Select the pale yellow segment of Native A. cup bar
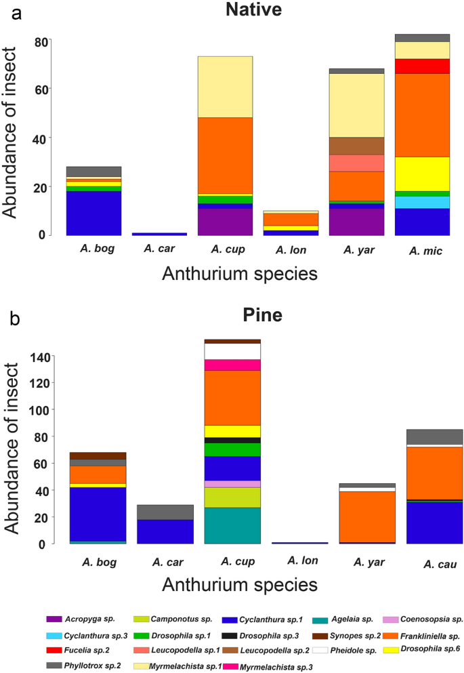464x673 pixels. tap(224, 87)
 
